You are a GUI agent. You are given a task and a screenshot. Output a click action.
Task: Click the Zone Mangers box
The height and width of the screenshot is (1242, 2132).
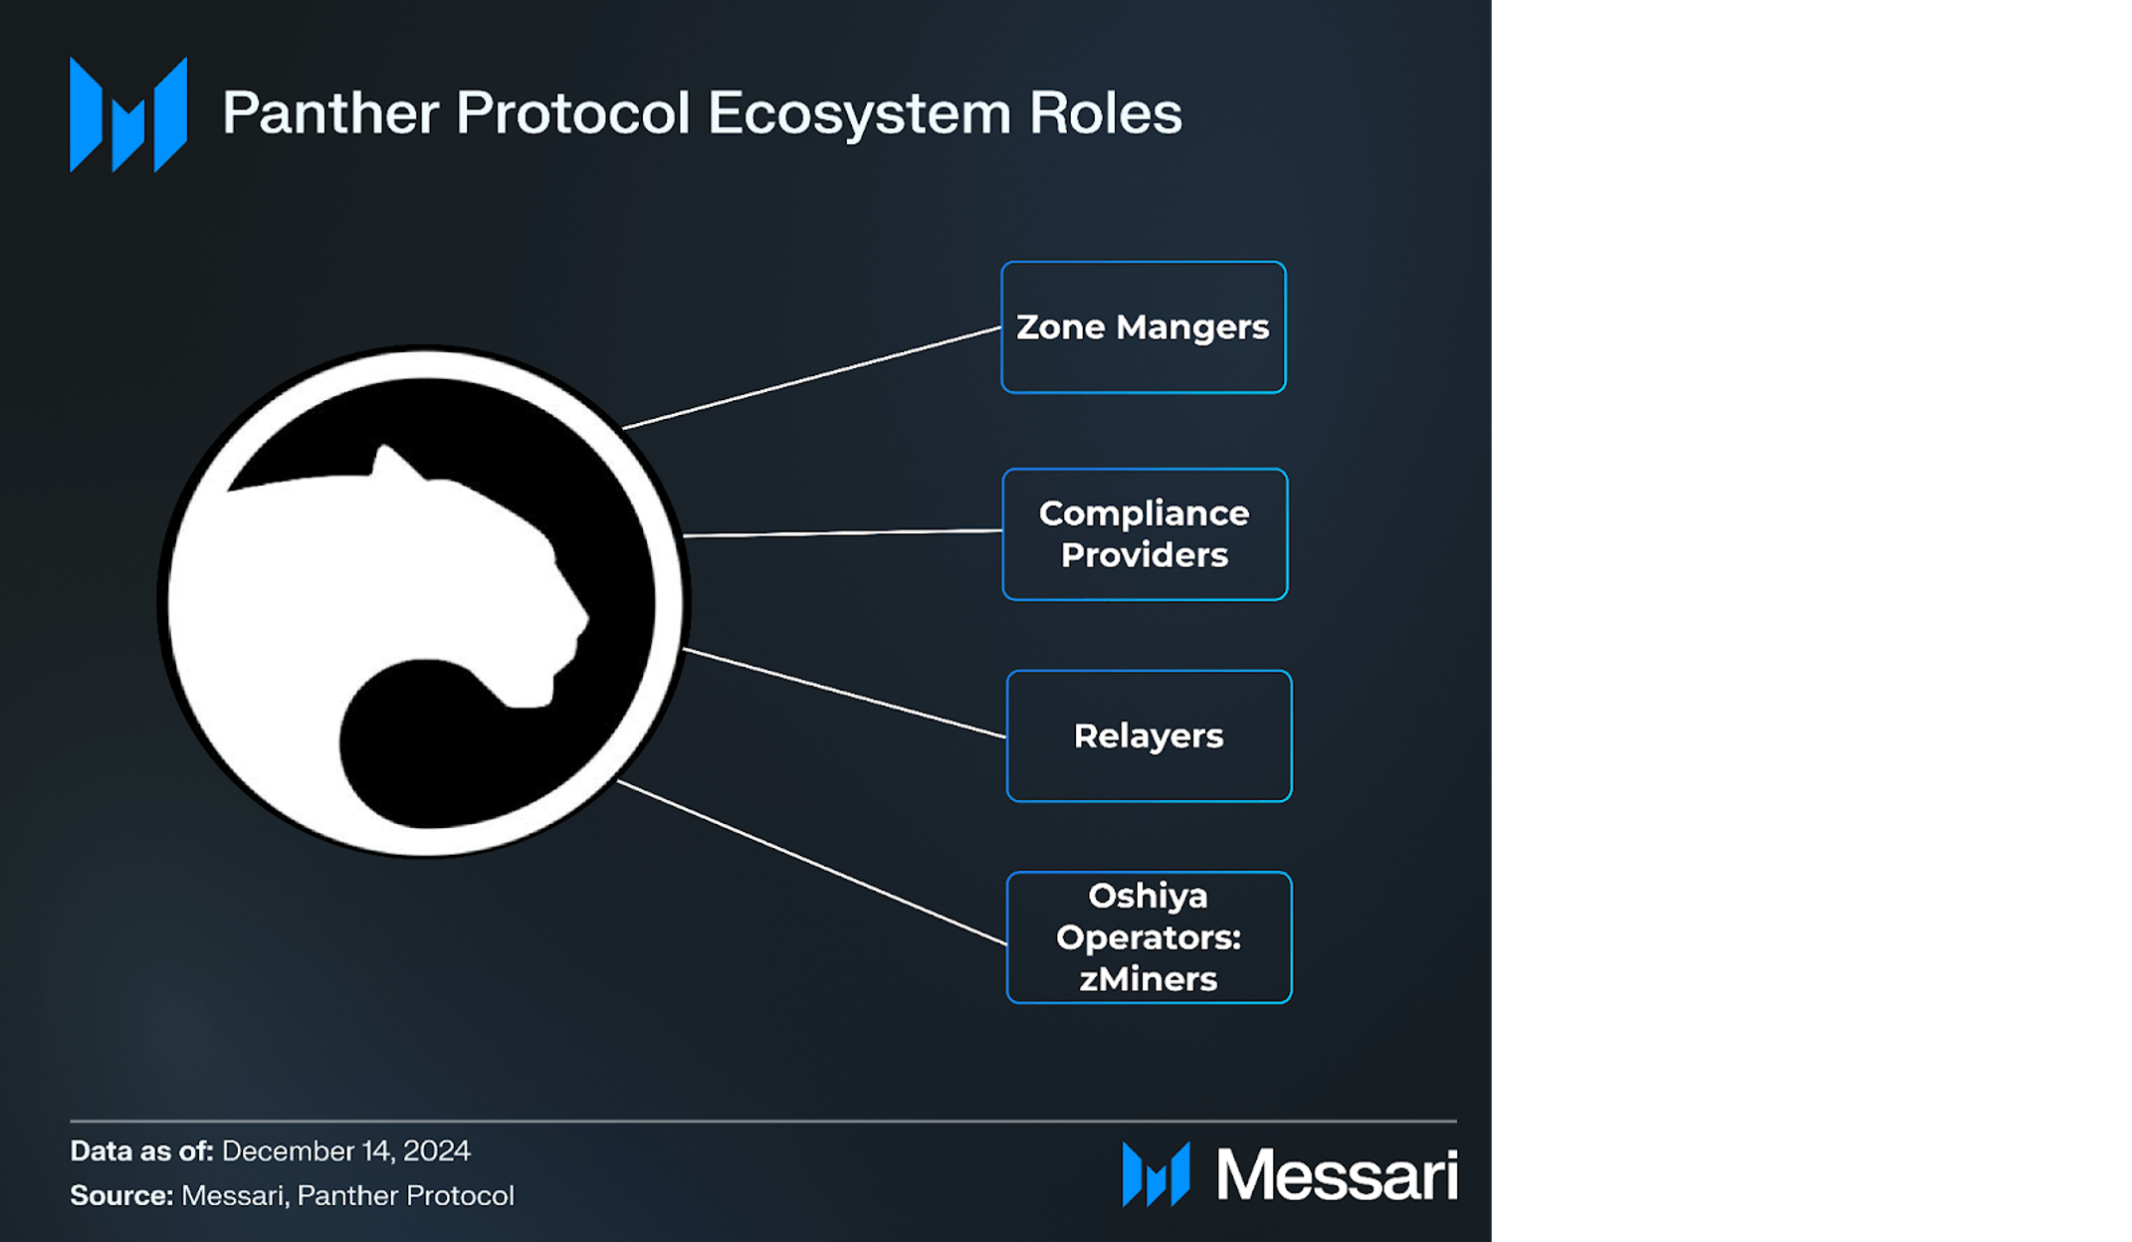point(1143,327)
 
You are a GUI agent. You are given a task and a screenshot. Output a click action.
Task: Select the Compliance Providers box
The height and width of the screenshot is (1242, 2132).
point(1145,534)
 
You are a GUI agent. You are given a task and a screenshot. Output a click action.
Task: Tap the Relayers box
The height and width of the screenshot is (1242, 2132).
point(1149,736)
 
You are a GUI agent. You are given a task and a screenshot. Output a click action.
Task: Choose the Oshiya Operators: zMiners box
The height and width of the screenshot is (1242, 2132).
point(1149,936)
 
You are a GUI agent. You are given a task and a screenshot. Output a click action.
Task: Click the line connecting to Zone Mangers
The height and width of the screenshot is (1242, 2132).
point(811,377)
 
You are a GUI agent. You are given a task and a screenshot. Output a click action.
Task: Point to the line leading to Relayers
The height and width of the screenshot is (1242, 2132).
point(844,694)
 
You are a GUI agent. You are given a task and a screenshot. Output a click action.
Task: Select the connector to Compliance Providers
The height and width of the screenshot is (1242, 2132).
point(843,533)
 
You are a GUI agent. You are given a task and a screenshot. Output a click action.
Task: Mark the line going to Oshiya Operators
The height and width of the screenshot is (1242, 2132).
point(811,862)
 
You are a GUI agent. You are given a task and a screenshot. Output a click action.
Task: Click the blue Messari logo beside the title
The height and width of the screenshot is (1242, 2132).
point(128,114)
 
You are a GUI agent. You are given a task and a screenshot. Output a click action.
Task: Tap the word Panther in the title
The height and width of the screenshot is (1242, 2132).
point(329,112)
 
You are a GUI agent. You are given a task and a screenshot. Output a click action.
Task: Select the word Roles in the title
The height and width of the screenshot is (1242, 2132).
point(1105,112)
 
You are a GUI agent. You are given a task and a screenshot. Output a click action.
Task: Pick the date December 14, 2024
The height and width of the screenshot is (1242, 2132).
point(345,1151)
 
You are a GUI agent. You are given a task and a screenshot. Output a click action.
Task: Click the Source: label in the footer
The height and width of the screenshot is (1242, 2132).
point(121,1195)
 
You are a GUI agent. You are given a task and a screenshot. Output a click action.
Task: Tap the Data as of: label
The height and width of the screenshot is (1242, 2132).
point(141,1151)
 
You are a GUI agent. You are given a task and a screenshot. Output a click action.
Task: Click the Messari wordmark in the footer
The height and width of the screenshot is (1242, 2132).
point(1337,1175)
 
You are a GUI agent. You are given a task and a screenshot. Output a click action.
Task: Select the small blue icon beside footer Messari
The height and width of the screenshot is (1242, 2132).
point(1156,1174)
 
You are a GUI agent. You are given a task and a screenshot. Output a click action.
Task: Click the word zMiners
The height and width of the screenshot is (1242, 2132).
point(1149,979)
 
